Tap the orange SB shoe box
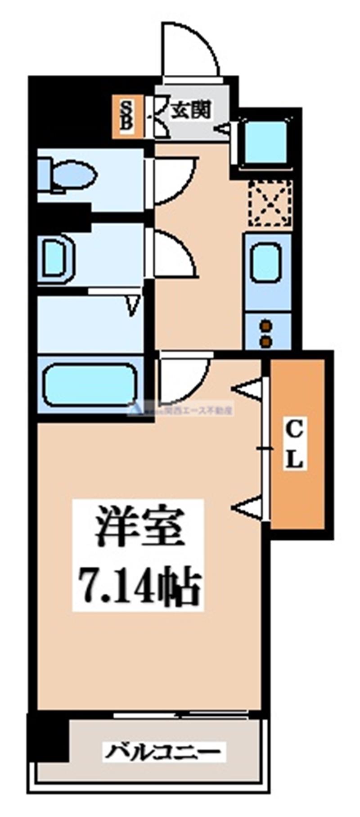127,117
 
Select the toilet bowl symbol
72,175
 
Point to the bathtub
89,385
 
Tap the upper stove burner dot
267,325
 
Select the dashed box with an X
270,203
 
